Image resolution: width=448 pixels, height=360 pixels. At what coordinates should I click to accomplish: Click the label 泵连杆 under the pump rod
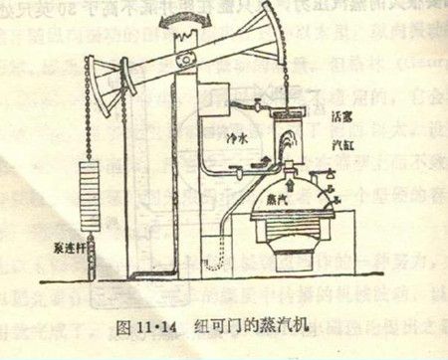(x=72, y=248)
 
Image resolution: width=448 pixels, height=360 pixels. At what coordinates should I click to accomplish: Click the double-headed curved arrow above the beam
(x=181, y=18)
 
